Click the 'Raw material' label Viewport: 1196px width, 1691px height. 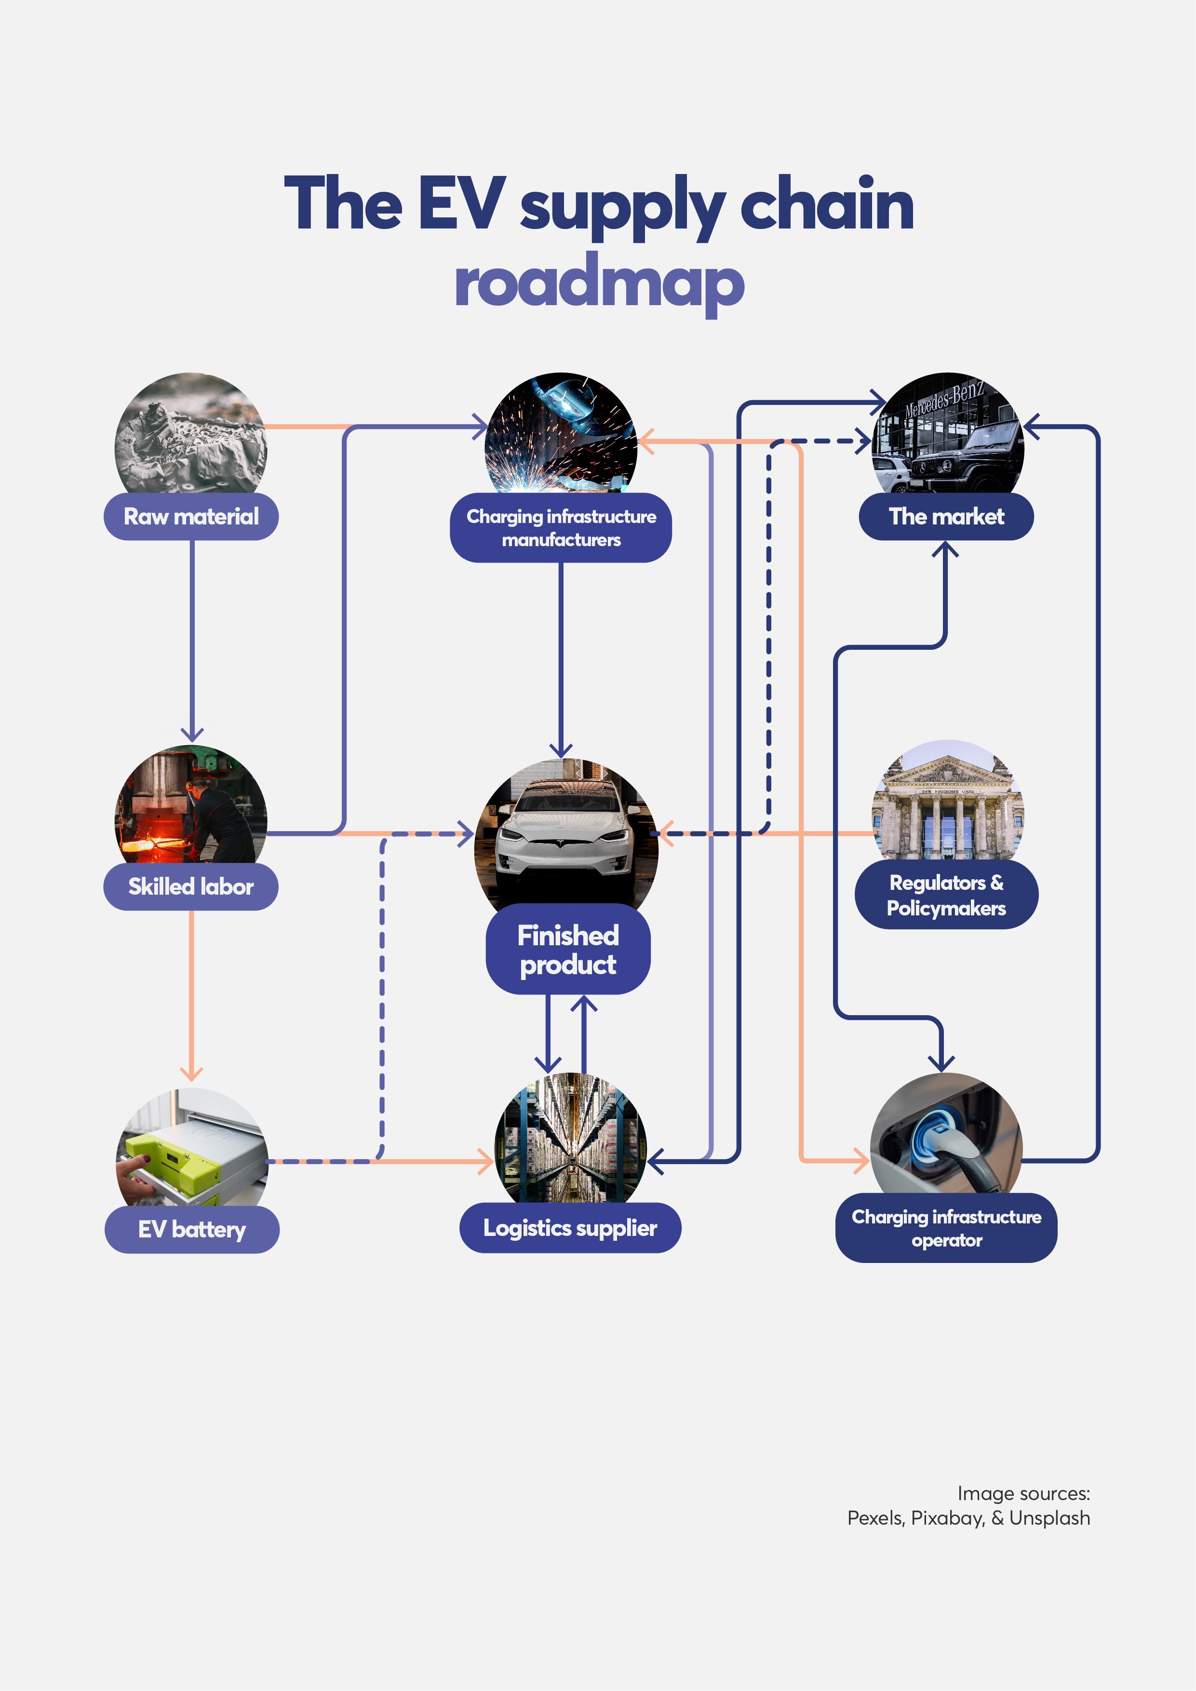click(x=191, y=516)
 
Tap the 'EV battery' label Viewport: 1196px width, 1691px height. click(x=191, y=1229)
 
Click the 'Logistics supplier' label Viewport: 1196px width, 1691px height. click(x=570, y=1228)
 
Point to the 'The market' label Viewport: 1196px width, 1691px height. click(x=946, y=516)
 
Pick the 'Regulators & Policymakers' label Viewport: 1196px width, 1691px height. click(x=946, y=895)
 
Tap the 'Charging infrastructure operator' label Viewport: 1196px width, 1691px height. click(x=946, y=1228)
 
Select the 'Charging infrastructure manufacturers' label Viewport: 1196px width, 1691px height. click(x=561, y=527)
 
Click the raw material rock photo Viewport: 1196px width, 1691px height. click(x=191, y=434)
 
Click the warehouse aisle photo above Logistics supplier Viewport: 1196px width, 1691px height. click(x=570, y=1138)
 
